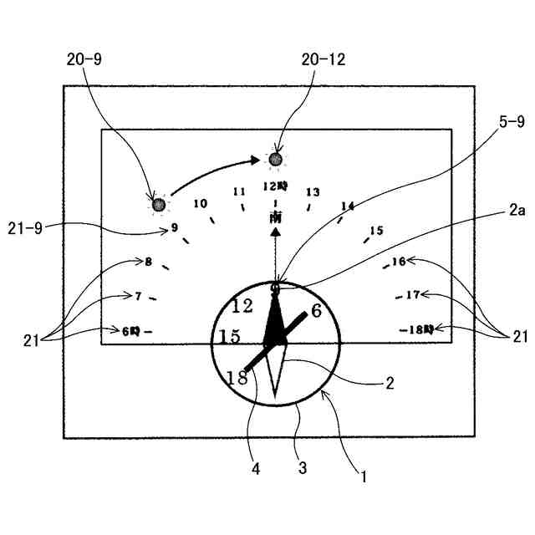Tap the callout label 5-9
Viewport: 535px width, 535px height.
pos(511,123)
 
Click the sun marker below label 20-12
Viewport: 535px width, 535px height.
pos(275,159)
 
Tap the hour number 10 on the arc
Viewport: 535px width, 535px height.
pos(200,203)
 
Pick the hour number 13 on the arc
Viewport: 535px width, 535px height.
pos(313,192)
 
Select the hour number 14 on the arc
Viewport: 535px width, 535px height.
pos(348,206)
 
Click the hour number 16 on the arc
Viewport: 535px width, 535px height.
pos(399,262)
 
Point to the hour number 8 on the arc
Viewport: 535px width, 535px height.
pos(148,262)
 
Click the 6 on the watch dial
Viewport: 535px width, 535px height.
pos(316,311)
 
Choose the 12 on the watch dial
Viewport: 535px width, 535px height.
pos(243,306)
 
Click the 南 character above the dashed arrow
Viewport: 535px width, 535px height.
pos(276,217)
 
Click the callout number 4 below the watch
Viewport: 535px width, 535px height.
pos(256,470)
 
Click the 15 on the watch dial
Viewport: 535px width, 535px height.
pos(230,337)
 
